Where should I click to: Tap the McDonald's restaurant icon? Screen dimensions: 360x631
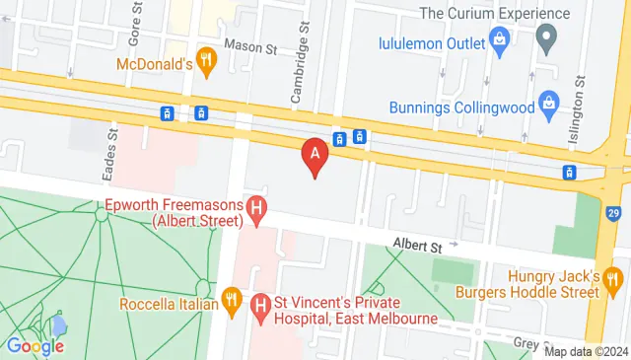(206, 61)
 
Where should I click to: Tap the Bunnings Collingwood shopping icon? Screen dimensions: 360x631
(548, 105)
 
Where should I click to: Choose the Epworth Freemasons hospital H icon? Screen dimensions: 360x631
(256, 208)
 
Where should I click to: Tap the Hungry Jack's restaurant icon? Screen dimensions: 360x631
(615, 277)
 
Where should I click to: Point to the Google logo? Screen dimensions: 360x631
(35, 345)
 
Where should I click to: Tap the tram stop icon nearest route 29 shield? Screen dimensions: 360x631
(569, 173)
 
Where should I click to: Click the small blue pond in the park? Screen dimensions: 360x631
(59, 324)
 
